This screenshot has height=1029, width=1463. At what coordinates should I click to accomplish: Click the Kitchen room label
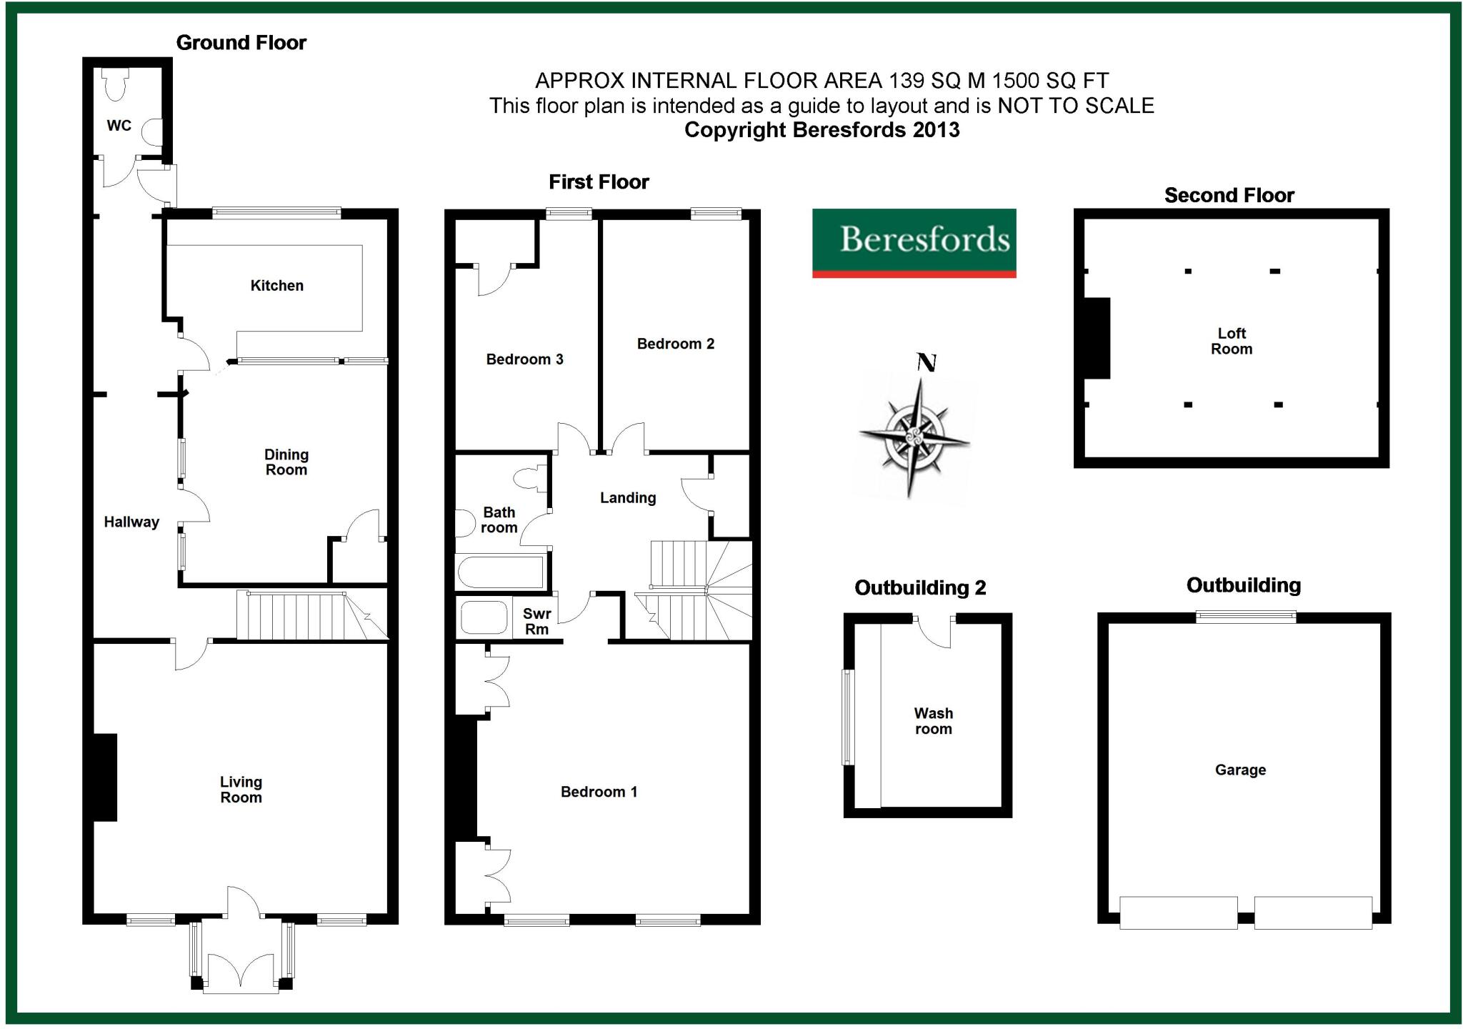(x=276, y=286)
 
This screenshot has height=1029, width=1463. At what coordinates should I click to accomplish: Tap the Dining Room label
(x=286, y=462)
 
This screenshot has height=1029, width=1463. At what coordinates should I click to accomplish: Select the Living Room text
(x=241, y=790)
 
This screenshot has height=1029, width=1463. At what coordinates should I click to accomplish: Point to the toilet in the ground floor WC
(x=115, y=84)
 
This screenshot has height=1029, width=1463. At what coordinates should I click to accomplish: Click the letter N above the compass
(x=927, y=363)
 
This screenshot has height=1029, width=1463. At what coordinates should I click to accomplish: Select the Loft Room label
(x=1232, y=342)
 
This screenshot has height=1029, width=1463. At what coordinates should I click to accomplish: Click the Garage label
(x=1240, y=770)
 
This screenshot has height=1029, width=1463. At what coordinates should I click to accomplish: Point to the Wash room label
(x=933, y=721)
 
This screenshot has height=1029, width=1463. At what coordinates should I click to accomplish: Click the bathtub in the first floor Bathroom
(x=500, y=572)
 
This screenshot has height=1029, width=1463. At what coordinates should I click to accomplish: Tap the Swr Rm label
(x=536, y=622)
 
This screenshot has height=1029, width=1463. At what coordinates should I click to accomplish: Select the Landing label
(x=627, y=498)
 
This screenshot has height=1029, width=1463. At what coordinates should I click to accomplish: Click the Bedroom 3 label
(x=524, y=359)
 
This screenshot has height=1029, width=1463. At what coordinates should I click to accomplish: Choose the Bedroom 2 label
(x=675, y=344)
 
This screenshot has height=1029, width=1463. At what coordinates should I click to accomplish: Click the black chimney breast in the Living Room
(x=105, y=777)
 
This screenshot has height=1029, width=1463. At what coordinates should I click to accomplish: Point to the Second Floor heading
(x=1229, y=195)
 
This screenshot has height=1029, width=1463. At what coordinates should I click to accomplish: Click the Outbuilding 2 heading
(x=920, y=588)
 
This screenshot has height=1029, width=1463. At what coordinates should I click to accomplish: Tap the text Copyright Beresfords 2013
(x=822, y=130)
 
